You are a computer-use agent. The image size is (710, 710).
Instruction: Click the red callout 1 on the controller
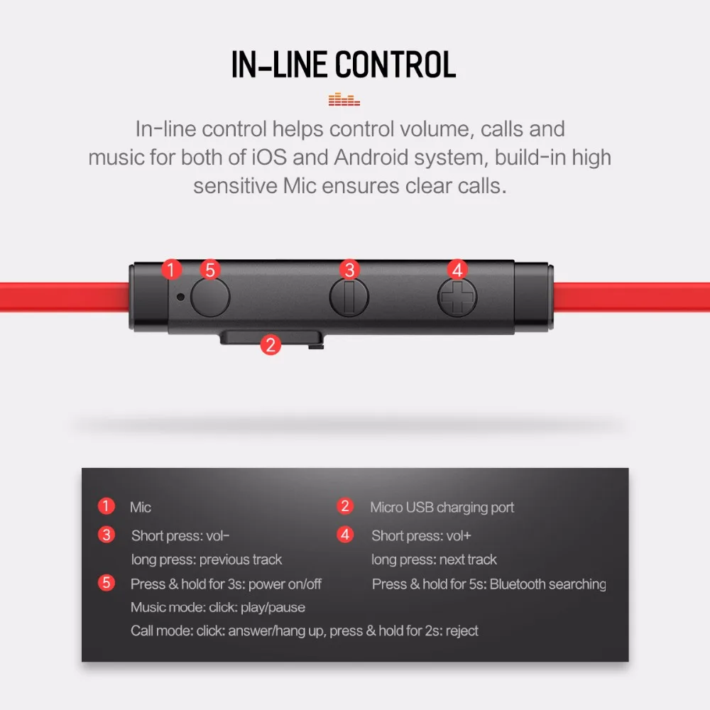172,269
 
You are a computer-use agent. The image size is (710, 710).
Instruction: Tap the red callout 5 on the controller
209,270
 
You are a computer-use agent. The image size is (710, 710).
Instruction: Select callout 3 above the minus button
349,269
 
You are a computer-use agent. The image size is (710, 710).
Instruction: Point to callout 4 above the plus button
457,269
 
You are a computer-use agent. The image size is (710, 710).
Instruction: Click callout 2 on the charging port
269,345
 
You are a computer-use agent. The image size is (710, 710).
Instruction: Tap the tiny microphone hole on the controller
181,297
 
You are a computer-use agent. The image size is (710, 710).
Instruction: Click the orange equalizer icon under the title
344,100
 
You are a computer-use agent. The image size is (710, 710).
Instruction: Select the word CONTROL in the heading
395,65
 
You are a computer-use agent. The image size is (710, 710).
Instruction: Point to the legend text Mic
141,508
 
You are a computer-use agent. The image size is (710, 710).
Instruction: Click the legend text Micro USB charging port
442,508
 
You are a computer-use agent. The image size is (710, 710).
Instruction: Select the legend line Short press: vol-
180,535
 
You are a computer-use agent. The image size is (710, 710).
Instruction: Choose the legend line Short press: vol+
421,535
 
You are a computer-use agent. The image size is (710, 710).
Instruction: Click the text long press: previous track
207,559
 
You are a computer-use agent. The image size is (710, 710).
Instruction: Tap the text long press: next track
434,559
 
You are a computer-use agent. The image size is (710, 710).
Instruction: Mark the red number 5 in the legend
106,583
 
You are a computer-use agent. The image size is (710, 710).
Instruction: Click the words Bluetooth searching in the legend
547,584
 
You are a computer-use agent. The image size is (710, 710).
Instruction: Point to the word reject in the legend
461,630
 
